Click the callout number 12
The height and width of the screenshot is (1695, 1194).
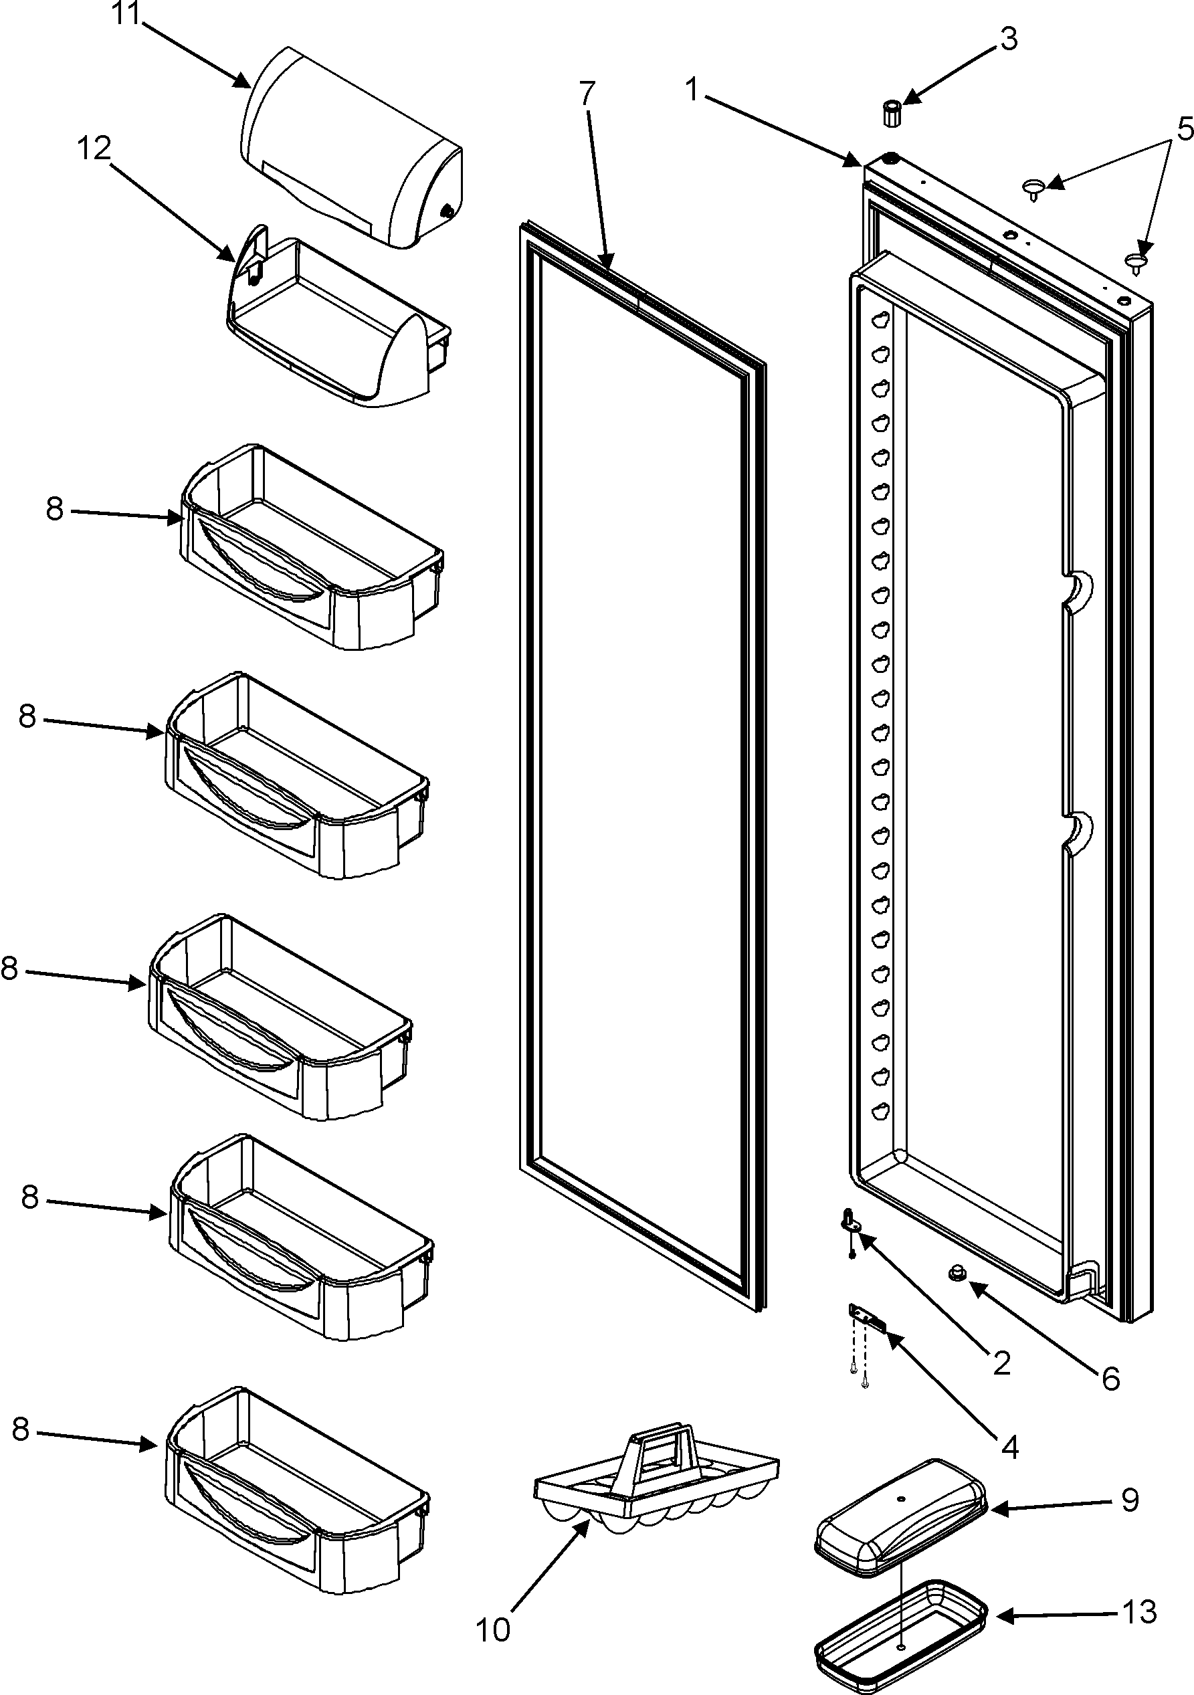[x=94, y=149]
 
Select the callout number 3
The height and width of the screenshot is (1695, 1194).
[x=1009, y=38]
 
